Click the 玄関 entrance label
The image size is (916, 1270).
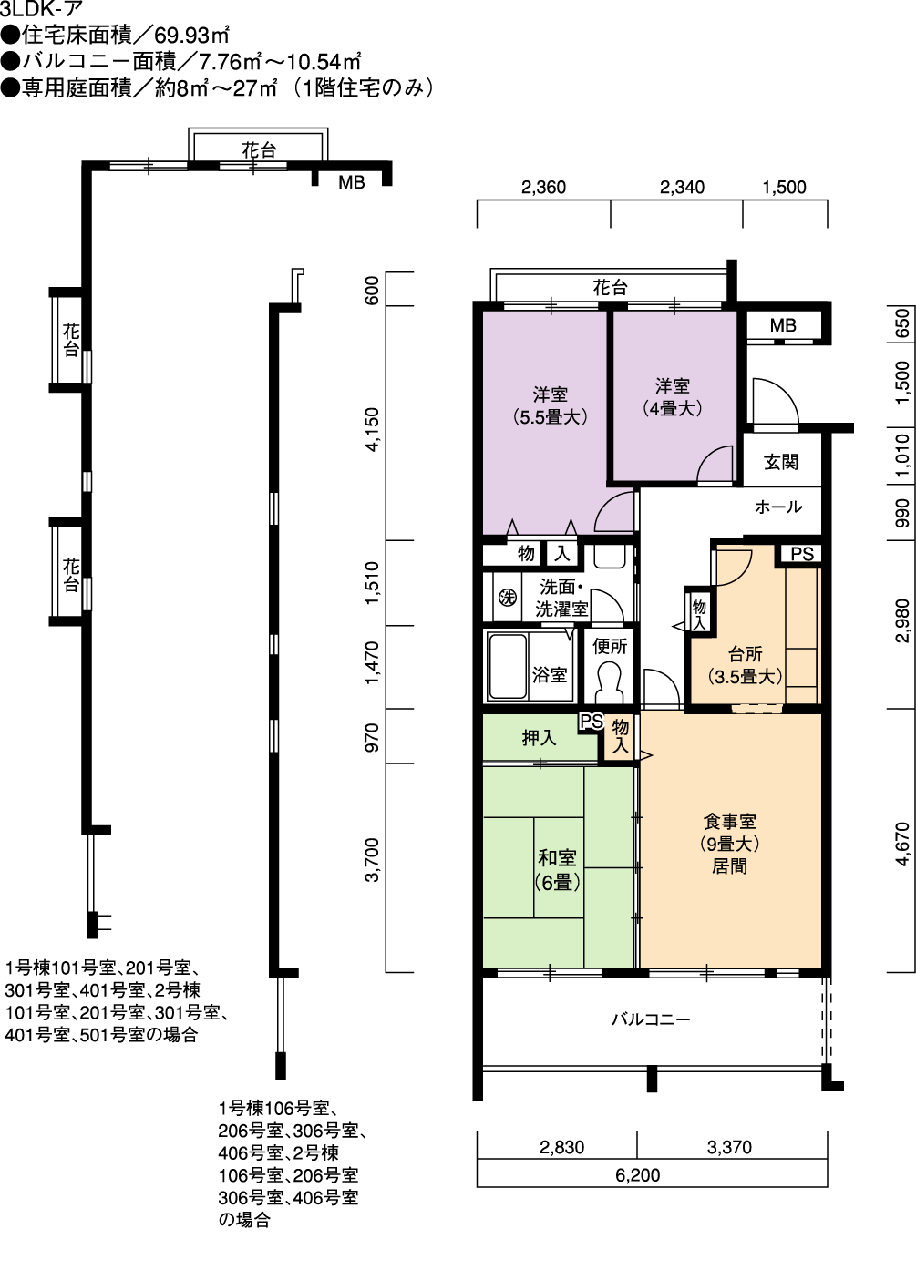(x=781, y=462)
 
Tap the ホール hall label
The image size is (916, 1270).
(x=778, y=507)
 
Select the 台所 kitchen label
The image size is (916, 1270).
(x=746, y=654)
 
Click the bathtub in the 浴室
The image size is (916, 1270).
(x=508, y=666)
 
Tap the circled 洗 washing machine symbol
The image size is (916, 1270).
(x=508, y=597)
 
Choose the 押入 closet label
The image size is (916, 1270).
(x=540, y=738)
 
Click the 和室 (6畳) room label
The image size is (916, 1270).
(x=557, y=870)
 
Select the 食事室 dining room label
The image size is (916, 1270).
(x=729, y=821)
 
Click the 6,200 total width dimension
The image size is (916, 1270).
(x=637, y=1175)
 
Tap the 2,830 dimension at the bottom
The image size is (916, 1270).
(x=561, y=1148)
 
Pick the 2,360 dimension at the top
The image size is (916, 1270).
(x=543, y=187)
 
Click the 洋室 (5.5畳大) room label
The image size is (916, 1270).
(x=551, y=405)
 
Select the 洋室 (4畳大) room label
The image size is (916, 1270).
(x=672, y=397)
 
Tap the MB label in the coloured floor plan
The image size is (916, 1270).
(x=783, y=325)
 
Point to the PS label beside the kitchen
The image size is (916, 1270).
(x=802, y=554)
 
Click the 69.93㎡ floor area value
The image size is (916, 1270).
(x=191, y=36)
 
